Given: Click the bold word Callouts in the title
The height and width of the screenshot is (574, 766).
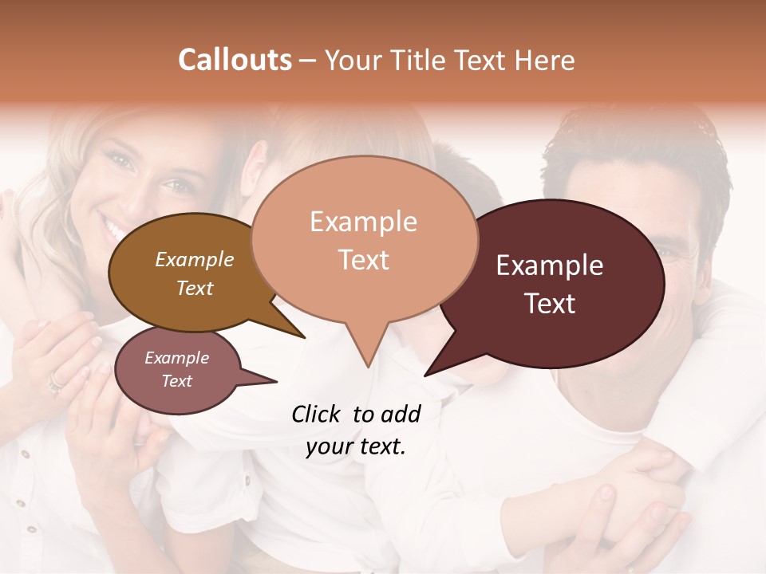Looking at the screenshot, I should pyautogui.click(x=235, y=60).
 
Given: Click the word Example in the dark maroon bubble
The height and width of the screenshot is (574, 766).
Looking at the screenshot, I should pyautogui.click(x=550, y=265).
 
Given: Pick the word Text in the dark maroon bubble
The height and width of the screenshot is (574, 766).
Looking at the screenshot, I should pyautogui.click(x=550, y=304).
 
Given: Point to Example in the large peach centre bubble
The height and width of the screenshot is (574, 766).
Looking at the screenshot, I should pyautogui.click(x=363, y=222).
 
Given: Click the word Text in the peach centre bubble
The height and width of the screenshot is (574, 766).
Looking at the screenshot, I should pyautogui.click(x=363, y=260).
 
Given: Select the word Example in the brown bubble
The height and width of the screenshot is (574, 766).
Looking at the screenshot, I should pyautogui.click(x=194, y=260).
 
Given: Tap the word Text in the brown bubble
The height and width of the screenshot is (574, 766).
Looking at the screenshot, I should pyautogui.click(x=194, y=288).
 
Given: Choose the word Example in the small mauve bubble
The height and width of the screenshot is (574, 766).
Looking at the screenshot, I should pyautogui.click(x=176, y=358).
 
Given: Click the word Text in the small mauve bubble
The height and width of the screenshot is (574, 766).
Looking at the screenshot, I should pyautogui.click(x=176, y=381).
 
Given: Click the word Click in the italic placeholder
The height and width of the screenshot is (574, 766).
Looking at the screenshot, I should pyautogui.click(x=316, y=414).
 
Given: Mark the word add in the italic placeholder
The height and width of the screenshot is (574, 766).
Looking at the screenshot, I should pyautogui.click(x=400, y=414).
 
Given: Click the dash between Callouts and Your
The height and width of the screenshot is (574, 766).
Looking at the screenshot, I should pyautogui.click(x=308, y=61).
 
